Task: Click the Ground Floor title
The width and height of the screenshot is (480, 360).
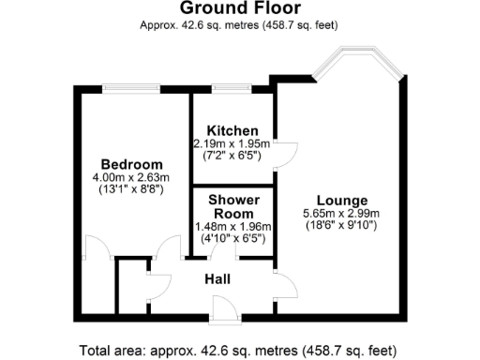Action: point(239,8)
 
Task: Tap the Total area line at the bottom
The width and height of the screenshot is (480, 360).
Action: point(239,351)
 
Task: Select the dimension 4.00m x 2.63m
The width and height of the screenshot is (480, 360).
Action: point(130,178)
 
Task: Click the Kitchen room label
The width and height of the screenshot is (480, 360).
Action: point(232,129)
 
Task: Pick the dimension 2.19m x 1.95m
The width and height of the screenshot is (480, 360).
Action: point(232,143)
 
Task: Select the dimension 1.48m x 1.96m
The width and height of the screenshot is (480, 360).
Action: point(232,226)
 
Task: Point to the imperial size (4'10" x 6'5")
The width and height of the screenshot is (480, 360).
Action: point(232,239)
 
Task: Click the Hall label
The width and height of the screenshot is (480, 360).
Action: point(219,278)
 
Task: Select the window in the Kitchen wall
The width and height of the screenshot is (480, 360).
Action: point(232,88)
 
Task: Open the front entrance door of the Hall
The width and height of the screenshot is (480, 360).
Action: point(224,308)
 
